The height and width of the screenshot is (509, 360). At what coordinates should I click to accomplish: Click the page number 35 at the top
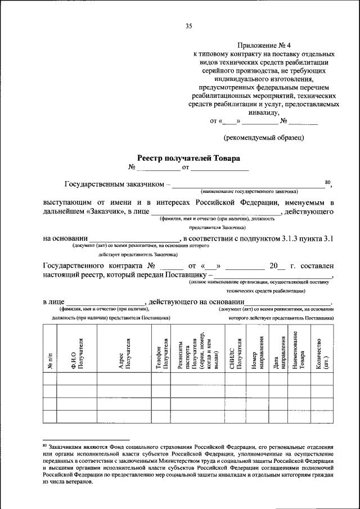click(x=188, y=25)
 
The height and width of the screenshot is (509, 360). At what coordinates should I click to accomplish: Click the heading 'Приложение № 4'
click(x=264, y=46)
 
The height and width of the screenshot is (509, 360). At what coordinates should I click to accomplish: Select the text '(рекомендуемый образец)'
click(x=264, y=137)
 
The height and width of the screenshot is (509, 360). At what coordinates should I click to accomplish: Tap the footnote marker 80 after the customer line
click(x=328, y=182)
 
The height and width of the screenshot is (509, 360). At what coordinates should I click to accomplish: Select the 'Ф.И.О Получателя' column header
click(x=77, y=354)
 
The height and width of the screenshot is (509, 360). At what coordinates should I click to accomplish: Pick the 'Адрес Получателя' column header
click(x=124, y=354)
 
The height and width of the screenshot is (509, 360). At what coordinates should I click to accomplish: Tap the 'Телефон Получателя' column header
click(x=161, y=354)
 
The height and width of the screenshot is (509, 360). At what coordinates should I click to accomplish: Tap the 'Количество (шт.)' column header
click(x=322, y=354)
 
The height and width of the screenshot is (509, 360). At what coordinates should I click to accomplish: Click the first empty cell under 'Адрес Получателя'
click(x=124, y=391)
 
